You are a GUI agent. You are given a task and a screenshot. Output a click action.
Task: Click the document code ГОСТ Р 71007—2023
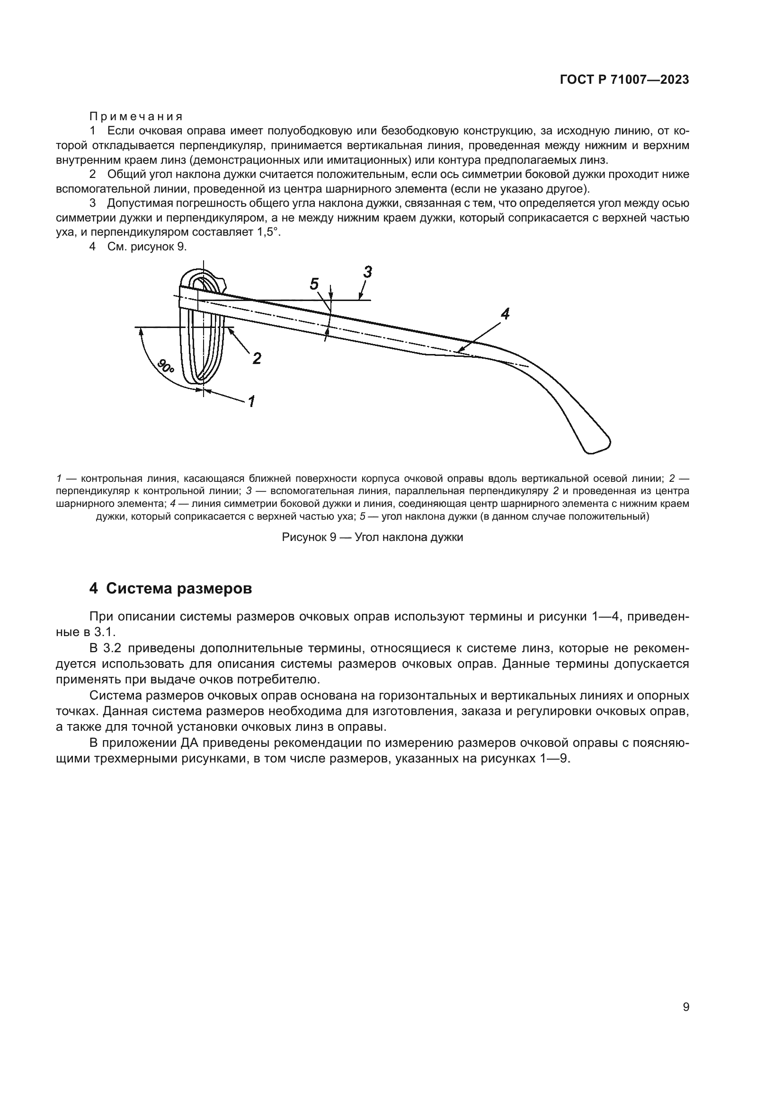tap(624, 80)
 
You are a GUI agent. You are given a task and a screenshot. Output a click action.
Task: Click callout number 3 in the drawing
tap(368, 273)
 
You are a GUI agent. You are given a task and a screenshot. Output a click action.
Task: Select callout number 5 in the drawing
tap(314, 284)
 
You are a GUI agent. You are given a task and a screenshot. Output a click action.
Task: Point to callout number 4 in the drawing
tap(505, 315)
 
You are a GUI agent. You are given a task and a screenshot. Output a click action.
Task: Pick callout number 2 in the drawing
tap(257, 358)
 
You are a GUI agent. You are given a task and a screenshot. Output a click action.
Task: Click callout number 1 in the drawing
tap(251, 401)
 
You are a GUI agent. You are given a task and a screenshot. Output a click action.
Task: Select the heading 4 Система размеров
tap(170, 589)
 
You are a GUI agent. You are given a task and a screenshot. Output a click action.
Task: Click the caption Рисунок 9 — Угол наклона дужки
tap(372, 537)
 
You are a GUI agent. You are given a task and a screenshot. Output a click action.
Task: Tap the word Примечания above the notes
tap(135, 117)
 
